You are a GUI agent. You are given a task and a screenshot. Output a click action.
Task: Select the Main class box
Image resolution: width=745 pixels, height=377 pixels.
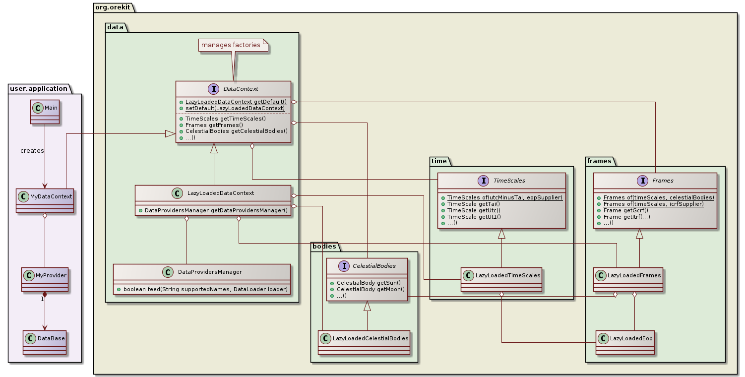(x=44, y=112)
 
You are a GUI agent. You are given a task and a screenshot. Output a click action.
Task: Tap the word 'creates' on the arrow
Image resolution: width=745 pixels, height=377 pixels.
(x=32, y=150)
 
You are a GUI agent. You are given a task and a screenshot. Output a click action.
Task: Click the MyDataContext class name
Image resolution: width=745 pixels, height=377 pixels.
(x=51, y=197)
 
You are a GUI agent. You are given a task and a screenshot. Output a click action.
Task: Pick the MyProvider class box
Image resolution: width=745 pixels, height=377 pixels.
(x=45, y=278)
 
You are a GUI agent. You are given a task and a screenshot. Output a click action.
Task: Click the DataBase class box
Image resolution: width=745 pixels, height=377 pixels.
(x=45, y=342)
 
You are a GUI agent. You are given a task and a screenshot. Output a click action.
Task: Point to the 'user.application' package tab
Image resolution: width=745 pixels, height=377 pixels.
(x=38, y=89)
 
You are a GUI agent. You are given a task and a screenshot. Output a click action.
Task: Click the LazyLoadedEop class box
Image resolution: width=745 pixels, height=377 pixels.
(x=625, y=342)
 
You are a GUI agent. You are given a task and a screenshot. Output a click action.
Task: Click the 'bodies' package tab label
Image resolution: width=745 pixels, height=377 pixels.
(x=324, y=246)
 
